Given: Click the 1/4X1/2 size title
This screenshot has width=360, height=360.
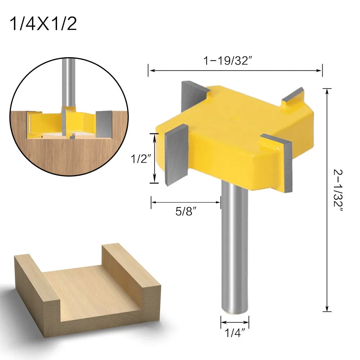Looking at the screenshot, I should coord(44,24).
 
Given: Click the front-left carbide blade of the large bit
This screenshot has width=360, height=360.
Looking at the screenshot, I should coord(176,155).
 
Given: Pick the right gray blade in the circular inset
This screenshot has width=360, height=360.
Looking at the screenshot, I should coord(104,124).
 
